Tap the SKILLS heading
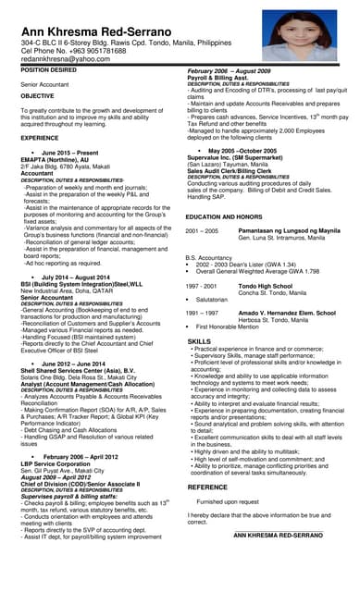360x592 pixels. tap(200, 341)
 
